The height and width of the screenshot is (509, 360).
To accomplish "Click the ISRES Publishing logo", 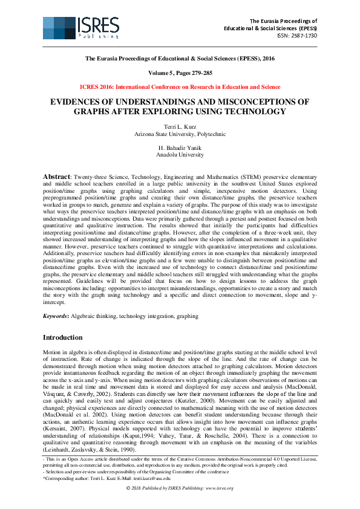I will pyautogui.click(x=79, y=28).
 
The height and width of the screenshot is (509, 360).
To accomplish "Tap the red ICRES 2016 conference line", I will pyautogui.click(x=180, y=87).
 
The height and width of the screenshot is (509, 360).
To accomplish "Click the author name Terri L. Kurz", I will pyautogui.click(x=180, y=126).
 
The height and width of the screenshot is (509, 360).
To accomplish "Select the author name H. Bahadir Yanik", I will pyautogui.click(x=180, y=148).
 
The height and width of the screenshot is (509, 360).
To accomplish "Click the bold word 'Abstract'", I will pyautogui.click(x=57, y=176).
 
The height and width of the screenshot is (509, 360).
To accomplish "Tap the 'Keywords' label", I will pyautogui.click(x=56, y=316).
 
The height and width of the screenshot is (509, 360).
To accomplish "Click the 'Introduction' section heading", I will pyautogui.click(x=63, y=337).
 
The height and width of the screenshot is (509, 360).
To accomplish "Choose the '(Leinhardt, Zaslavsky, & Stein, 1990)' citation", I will pyautogui.click(x=90, y=451).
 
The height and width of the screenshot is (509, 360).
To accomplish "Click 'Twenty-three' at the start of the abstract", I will pyautogui.click(x=90, y=177).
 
